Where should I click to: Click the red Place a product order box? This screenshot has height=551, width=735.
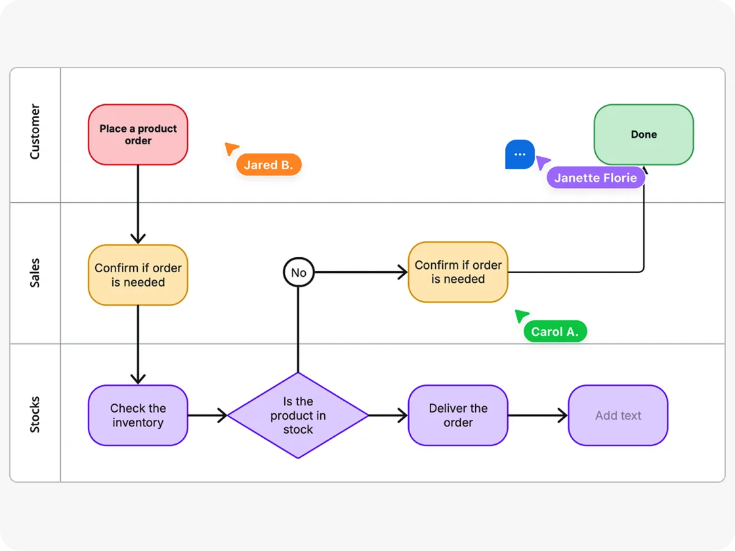tap(138, 134)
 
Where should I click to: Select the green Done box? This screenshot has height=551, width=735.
tap(643, 134)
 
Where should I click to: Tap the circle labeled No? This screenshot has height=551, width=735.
tap(299, 272)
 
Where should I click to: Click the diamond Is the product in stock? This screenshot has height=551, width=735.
tap(298, 415)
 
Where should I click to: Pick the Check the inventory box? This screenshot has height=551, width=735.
tap(138, 415)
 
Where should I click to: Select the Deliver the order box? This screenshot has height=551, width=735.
tap(458, 415)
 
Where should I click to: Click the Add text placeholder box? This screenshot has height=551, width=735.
tap(618, 415)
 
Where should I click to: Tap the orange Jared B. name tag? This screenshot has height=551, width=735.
tap(268, 165)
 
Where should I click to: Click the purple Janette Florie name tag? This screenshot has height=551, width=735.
tap(595, 178)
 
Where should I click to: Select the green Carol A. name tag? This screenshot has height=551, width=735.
tap(555, 332)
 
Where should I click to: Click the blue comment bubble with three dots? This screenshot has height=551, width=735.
tap(520, 155)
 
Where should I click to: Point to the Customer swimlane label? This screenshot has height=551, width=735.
tap(35, 132)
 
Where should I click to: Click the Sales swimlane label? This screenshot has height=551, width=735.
tap(35, 273)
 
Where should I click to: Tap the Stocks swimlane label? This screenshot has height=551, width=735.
tap(35, 414)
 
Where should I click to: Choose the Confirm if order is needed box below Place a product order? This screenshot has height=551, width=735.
tap(138, 275)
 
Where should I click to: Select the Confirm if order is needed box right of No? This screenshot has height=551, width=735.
tap(458, 272)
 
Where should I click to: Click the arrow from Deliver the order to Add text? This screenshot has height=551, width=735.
tap(537, 415)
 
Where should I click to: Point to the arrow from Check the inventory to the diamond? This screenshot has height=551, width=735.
tap(207, 415)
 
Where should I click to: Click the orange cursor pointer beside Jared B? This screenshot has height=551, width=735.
tap(231, 149)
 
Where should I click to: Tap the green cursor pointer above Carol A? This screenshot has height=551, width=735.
tap(522, 316)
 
